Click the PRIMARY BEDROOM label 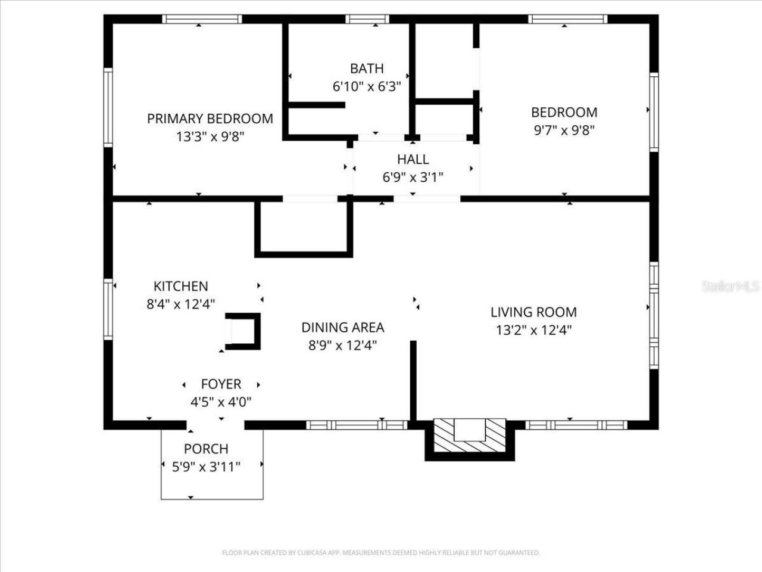(210, 119)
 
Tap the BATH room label (367, 69)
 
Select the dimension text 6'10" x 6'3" (367, 86)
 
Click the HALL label (413, 160)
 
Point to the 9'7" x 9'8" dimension (564, 130)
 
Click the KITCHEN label (180, 287)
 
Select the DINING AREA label (342, 327)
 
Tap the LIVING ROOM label (533, 312)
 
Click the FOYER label (221, 384)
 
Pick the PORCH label (206, 449)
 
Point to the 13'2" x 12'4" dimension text (533, 330)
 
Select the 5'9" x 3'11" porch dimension (206, 467)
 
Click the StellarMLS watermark (730, 287)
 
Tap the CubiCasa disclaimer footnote (381, 553)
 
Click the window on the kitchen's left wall (108, 310)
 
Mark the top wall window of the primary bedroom (202, 19)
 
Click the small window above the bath (367, 19)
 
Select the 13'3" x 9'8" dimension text (210, 136)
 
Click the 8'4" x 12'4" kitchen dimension (180, 304)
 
